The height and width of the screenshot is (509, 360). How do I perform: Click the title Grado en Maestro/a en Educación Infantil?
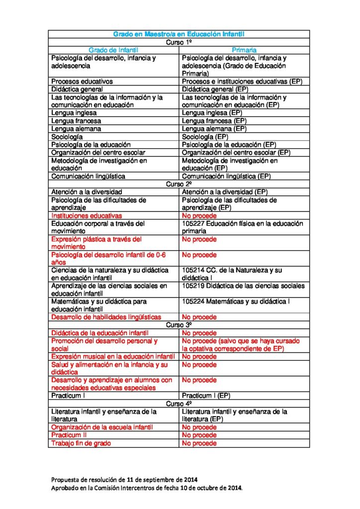click(179, 34)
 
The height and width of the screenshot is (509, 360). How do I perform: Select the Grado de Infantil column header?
click(113, 50)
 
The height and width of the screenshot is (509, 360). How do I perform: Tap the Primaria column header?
click(244, 50)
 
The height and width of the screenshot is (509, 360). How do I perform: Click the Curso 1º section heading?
click(179, 42)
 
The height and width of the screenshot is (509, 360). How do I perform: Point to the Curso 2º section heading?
click(179, 184)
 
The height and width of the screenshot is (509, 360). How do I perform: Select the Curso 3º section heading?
click(179, 325)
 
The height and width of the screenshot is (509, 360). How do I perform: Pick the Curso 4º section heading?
click(179, 404)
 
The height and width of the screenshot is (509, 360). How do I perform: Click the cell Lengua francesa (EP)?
click(214, 121)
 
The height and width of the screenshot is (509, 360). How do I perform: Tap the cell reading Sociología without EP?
click(67, 137)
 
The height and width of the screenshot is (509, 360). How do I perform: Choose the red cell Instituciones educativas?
click(87, 216)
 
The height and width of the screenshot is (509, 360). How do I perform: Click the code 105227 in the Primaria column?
click(193, 224)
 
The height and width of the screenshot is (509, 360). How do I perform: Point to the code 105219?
click(193, 286)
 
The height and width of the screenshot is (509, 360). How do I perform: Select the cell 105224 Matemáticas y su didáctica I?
click(236, 302)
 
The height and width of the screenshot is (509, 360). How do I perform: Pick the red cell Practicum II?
click(69, 435)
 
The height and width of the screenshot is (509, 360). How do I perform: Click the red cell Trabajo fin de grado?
click(81, 443)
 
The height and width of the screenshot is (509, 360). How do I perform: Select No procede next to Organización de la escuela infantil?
click(199, 427)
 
